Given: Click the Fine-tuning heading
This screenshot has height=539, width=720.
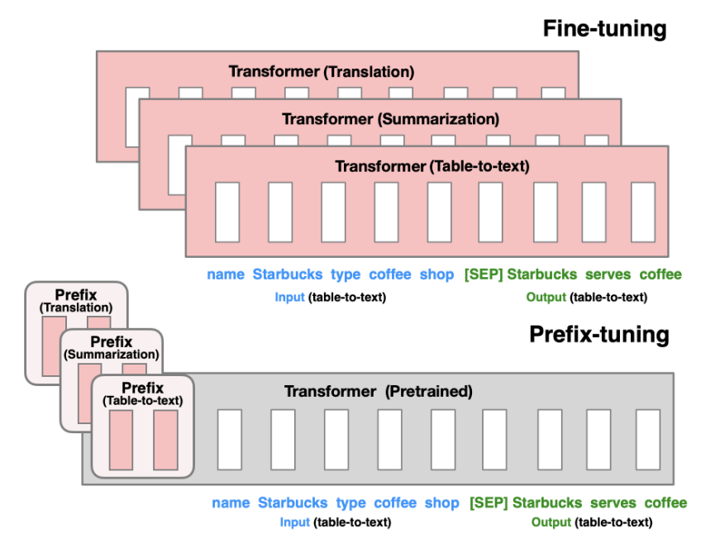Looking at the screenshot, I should coord(604,29).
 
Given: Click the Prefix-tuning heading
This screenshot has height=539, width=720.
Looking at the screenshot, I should coord(598,335).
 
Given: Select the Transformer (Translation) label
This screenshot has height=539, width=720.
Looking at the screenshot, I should coord(321,72).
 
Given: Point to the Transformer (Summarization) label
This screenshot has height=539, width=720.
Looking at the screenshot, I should coord(390,119).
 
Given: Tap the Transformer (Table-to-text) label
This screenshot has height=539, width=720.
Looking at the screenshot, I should coord(432,166).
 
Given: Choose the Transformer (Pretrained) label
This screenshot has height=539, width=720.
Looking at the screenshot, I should coord(378,392).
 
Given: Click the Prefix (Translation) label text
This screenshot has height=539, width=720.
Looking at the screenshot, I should coord(76,300).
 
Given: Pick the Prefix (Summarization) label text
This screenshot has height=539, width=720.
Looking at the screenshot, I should coord(111,347).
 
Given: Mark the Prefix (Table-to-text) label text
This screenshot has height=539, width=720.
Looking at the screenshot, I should coord(143,394).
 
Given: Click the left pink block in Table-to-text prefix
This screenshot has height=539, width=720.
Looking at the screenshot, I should coord(121,440).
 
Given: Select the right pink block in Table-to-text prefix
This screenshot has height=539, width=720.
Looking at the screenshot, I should coord(165,440).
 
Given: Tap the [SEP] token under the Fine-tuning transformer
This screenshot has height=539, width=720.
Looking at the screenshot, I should coord(483,274).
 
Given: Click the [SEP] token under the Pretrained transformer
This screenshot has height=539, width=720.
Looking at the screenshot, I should coord(489,503).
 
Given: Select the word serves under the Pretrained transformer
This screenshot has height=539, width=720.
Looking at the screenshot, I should coord(613,503).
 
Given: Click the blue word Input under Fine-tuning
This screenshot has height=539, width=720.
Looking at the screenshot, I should coord(289,297).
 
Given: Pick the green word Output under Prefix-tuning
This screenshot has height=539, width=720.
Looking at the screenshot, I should coord(551,522).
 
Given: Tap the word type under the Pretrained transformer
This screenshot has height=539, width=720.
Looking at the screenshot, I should coord(350,503).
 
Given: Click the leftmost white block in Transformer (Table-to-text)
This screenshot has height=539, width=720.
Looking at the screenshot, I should coord(227,212).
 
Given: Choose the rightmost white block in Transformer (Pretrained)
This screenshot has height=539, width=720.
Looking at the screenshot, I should coord(647,440).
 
